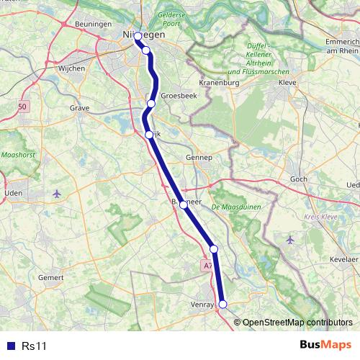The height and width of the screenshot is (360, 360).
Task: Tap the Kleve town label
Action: pos(288,83)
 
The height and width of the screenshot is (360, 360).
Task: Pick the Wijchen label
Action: pos(71,68)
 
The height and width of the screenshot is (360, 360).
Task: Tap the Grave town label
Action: pos(80,108)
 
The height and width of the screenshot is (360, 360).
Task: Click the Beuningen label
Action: pos(91,24)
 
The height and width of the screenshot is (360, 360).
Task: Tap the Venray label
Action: pos(204,305)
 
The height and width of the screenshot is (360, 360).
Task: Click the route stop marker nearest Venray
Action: pos(222,305)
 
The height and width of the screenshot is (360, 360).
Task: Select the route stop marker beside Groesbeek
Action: pos(151,104)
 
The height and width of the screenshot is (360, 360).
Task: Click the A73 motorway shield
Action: pos(207,266)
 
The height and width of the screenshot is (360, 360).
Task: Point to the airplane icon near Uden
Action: pos(57,193)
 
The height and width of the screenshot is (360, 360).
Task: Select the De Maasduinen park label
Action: pos(235,207)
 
